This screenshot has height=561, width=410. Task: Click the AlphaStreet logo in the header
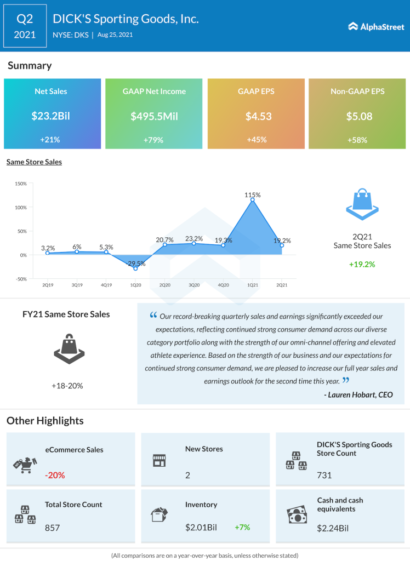tap(375, 26)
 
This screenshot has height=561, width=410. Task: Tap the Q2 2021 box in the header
tap(25, 26)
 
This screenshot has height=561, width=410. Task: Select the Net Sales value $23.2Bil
tap(53, 116)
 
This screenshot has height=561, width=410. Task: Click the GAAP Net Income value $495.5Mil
tap(154, 116)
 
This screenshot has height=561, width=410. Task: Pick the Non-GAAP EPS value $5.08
tap(358, 116)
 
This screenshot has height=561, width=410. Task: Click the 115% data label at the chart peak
tap(253, 194)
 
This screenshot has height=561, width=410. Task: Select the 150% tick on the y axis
tap(20, 184)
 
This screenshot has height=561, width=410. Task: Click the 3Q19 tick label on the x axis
tap(77, 285)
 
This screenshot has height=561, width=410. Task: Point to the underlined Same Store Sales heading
tap(34, 162)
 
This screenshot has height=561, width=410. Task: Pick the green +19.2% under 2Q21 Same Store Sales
tap(362, 264)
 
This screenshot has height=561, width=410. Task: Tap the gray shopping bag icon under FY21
tap(69, 348)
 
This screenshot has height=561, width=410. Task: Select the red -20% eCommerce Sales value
tap(55, 475)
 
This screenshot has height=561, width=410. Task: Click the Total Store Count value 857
tap(52, 528)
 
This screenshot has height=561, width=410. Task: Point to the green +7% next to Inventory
tap(242, 527)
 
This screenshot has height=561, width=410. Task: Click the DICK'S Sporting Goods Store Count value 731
tap(324, 475)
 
